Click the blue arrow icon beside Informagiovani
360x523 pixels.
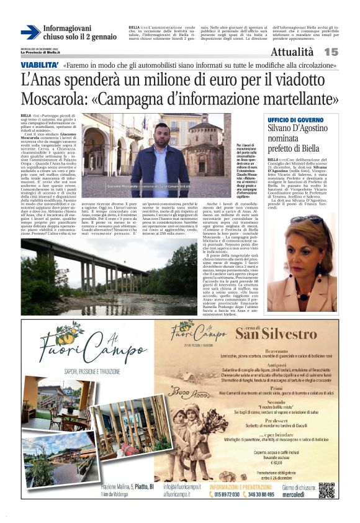pos(30,32)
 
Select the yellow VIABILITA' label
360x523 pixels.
pos(40,65)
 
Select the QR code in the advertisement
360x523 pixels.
pos(326,489)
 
